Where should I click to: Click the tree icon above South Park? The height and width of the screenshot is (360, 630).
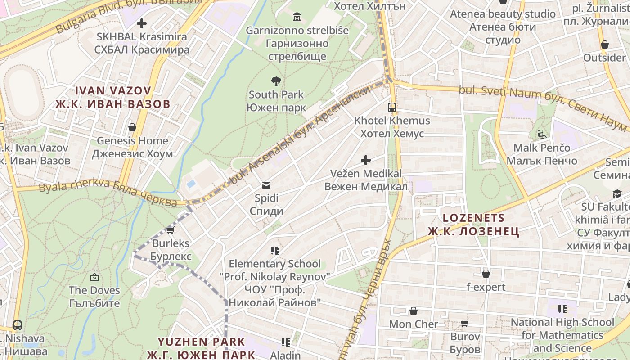click(x=276, y=81)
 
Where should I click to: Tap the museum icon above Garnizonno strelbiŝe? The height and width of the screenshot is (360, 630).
click(x=297, y=17)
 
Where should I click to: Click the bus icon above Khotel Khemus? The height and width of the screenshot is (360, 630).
click(x=392, y=108)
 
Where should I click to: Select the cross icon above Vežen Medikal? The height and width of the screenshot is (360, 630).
click(x=366, y=160)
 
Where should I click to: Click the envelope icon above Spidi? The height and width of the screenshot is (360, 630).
click(x=266, y=185)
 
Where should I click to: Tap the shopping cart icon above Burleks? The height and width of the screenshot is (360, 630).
click(x=170, y=230)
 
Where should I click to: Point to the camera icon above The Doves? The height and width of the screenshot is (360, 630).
click(x=94, y=277)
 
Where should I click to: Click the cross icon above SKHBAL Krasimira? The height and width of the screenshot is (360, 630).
click(x=142, y=23)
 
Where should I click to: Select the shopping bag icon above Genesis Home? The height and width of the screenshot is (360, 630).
click(x=132, y=127)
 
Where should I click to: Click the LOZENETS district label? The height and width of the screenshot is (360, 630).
click(x=473, y=225)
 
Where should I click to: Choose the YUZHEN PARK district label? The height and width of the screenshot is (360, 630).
click(x=201, y=348)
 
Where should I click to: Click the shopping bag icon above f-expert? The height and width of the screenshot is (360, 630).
click(x=486, y=274)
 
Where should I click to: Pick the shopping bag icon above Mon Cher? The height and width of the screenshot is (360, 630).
click(x=413, y=311)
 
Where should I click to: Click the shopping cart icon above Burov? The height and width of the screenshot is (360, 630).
click(x=465, y=323)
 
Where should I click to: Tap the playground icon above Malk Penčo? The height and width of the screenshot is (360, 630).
click(x=542, y=134)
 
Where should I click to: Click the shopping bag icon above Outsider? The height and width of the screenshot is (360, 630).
click(x=605, y=45)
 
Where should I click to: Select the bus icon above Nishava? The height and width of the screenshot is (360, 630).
click(x=18, y=325)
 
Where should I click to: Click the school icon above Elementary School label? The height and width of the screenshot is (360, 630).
click(x=275, y=250)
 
